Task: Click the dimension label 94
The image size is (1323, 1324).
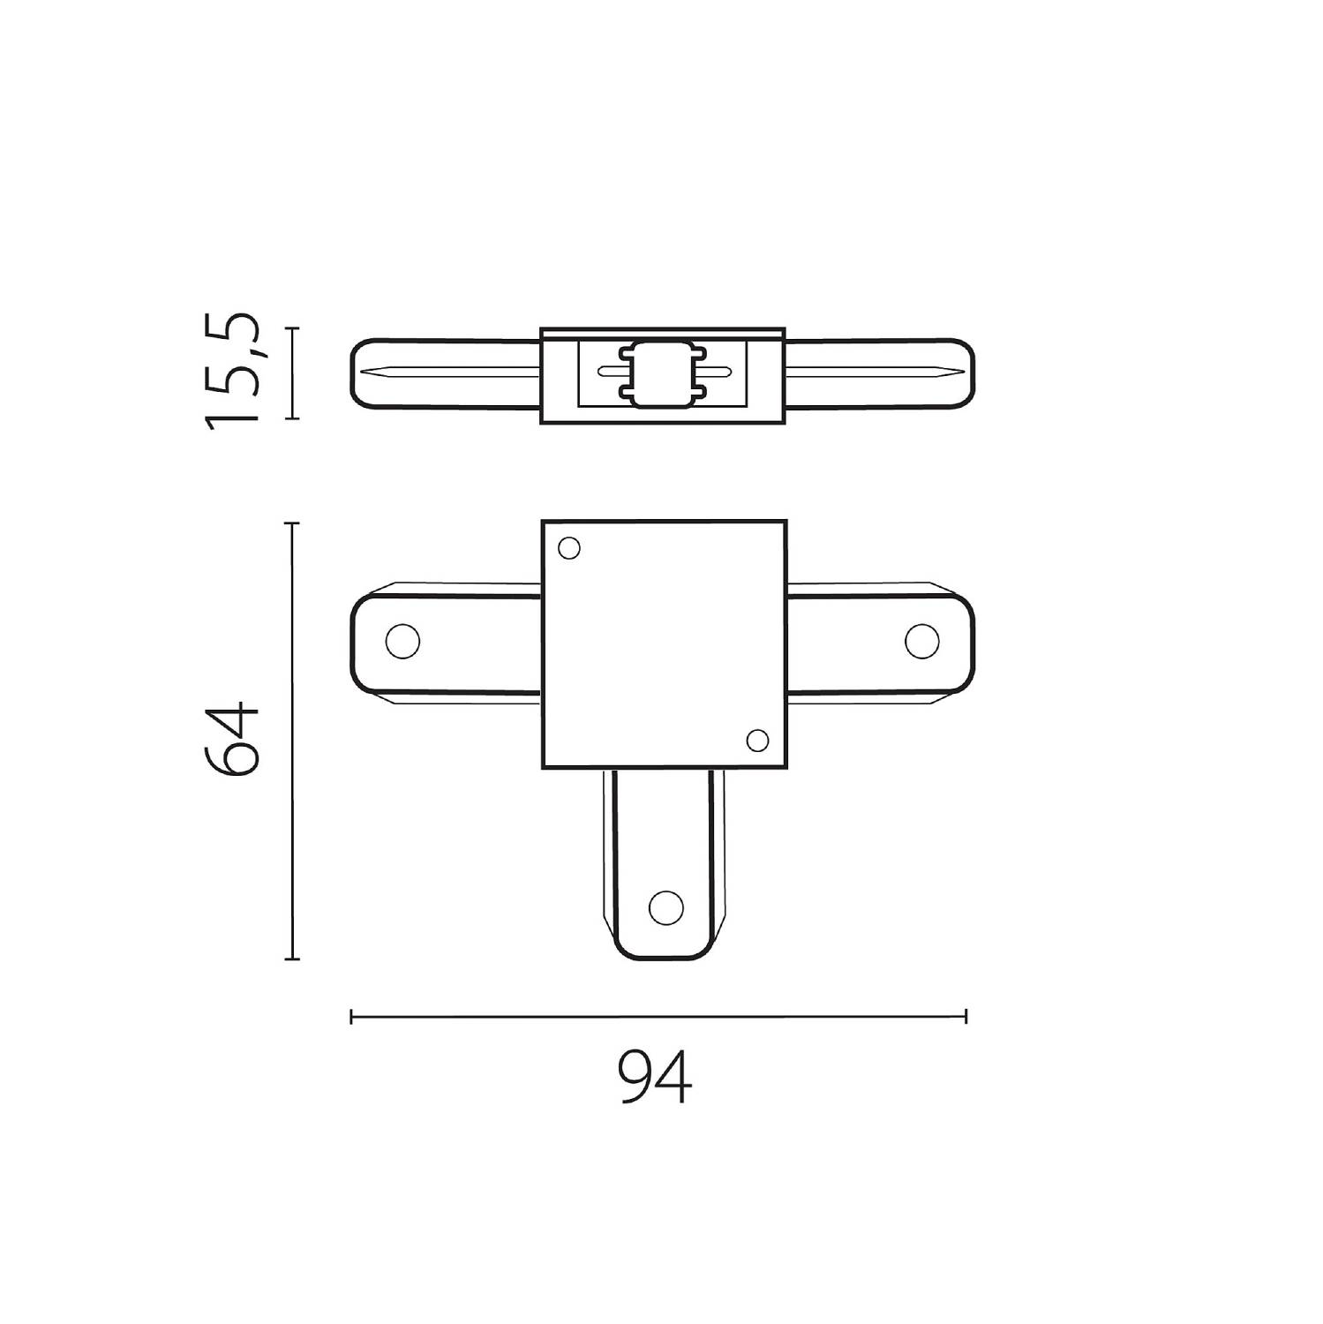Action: click(655, 1077)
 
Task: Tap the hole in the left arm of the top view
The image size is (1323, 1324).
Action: click(402, 641)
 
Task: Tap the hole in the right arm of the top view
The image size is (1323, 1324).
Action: click(922, 641)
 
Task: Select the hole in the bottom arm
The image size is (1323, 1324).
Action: click(665, 906)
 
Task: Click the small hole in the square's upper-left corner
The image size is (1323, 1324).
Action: click(569, 549)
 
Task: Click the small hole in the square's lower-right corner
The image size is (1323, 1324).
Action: click(757, 740)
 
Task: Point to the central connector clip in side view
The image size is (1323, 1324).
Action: click(663, 373)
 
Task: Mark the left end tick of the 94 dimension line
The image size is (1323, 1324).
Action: click(351, 1016)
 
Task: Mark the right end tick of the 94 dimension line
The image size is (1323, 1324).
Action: click(966, 1016)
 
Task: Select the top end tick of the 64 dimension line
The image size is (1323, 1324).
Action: click(292, 523)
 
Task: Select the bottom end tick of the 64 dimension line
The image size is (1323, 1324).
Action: click(292, 958)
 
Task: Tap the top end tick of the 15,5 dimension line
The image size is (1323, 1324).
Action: click(292, 328)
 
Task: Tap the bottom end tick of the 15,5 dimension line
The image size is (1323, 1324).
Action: click(292, 418)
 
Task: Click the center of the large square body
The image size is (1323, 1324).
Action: click(663, 644)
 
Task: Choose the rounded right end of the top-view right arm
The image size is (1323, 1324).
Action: click(972, 641)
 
